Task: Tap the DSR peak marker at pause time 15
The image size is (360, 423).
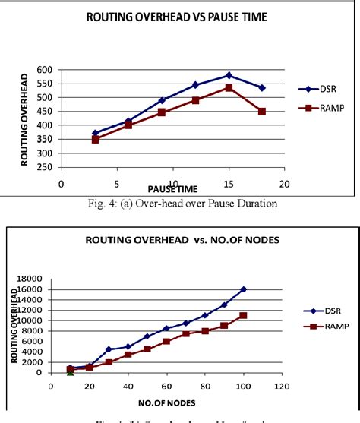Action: [229, 75]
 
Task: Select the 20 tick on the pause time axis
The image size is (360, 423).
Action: [285, 184]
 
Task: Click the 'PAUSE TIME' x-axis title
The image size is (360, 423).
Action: [174, 188]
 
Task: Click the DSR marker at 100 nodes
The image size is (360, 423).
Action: [243, 289]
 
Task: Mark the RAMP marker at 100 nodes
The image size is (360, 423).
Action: [243, 315]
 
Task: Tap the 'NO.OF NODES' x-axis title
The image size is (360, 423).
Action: [167, 400]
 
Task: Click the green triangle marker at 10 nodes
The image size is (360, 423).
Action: [71, 371]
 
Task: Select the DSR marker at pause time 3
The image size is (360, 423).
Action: [95, 133]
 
